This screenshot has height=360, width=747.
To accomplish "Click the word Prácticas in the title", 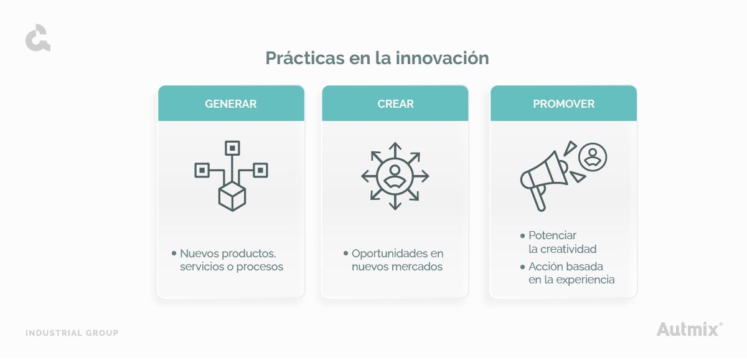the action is click(x=305, y=59).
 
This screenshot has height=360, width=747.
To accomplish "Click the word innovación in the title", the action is click(x=442, y=58).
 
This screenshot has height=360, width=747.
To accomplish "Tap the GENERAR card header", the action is click(x=231, y=103).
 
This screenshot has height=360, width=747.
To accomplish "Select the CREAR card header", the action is click(x=395, y=103).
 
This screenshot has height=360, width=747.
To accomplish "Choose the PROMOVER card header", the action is click(x=563, y=103).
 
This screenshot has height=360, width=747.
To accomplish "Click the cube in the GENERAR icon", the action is click(x=232, y=197).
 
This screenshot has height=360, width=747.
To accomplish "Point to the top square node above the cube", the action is click(x=232, y=148).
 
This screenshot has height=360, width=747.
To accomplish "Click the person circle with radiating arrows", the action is click(x=395, y=176).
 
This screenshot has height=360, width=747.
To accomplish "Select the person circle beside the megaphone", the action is click(x=593, y=157).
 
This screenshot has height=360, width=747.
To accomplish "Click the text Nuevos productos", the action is click(x=228, y=253).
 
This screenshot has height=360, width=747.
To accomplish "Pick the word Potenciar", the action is click(x=552, y=235).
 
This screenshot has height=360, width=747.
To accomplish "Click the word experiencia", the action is click(x=585, y=280).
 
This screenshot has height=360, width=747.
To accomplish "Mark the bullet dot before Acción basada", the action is click(x=522, y=267).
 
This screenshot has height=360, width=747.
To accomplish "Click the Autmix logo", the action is click(x=689, y=329).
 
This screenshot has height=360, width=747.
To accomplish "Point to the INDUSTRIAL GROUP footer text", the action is click(x=72, y=333).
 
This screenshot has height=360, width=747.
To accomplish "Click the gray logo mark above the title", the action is click(x=38, y=37).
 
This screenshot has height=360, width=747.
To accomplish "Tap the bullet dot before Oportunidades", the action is click(x=346, y=253).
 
